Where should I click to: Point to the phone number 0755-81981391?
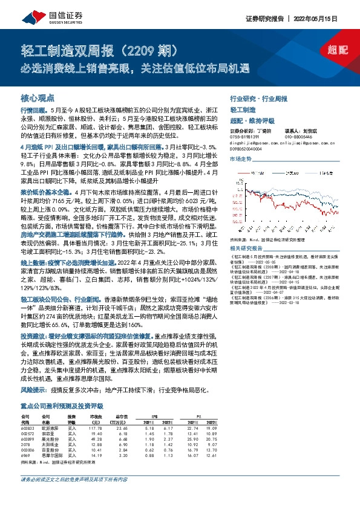[x=243, y=137]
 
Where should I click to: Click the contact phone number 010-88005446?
[x=298, y=137]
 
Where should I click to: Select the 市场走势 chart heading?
[x=240, y=158]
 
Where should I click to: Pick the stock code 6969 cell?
[x=25, y=439]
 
